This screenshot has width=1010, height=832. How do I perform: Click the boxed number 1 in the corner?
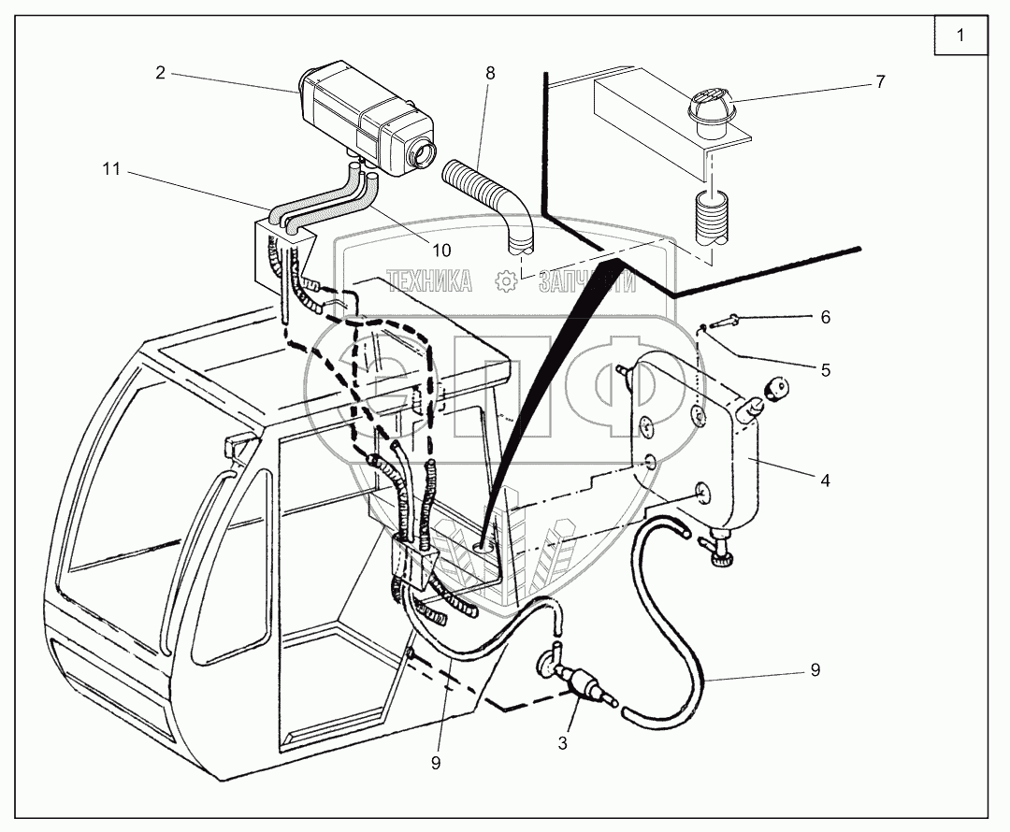click(959, 37)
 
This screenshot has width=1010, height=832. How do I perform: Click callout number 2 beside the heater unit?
click(161, 72)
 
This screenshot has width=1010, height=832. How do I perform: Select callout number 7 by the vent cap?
click(879, 81)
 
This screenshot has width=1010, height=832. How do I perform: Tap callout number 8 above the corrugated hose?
click(491, 72)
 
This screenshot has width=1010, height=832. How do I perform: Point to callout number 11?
click(111, 169)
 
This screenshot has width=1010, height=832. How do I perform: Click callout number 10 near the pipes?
click(441, 250)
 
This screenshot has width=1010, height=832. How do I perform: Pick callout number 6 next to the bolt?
click(825, 317)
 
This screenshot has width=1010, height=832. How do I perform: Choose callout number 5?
click(825, 369)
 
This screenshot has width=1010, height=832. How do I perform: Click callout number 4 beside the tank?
click(825, 481)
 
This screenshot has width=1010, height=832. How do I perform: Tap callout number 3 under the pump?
click(562, 744)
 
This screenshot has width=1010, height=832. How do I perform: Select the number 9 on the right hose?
click(815, 669)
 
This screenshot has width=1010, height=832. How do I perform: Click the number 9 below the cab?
click(436, 762)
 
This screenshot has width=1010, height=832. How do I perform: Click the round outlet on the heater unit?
click(426, 151)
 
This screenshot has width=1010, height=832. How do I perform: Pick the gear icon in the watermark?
click(505, 280)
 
